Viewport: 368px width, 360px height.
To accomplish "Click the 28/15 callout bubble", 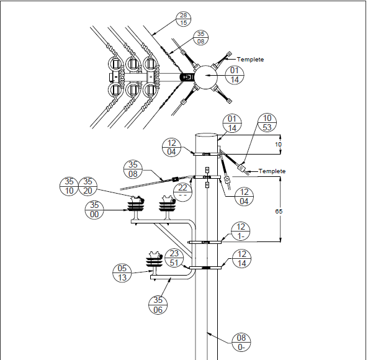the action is (183, 19).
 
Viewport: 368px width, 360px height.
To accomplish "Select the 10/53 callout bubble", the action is (267, 123).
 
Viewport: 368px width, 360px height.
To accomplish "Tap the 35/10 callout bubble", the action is (69, 186).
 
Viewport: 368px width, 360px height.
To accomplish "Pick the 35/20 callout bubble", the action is (88, 186).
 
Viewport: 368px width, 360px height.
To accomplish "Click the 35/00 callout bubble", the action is (94, 210).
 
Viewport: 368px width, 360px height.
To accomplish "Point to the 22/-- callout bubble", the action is (182, 192).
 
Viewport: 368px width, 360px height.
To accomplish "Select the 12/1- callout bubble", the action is (241, 232).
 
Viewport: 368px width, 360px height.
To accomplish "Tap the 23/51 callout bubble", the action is (174, 258).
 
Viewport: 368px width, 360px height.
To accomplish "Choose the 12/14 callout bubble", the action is (241, 259).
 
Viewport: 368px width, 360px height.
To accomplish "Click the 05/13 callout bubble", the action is (122, 273).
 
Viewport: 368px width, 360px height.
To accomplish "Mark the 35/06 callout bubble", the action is (158, 305).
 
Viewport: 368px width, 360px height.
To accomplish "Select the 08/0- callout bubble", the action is (241, 343).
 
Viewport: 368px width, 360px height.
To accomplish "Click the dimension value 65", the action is (279, 212).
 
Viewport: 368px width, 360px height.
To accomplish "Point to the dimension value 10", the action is (278, 145).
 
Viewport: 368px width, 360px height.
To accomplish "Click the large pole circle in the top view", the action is (206, 77).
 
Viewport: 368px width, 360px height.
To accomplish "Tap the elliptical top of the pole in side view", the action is (207, 135).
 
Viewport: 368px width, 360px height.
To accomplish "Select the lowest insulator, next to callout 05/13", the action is (154, 264).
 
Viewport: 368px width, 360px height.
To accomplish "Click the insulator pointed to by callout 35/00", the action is (136, 207).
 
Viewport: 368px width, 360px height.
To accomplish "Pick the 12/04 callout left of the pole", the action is (171, 147).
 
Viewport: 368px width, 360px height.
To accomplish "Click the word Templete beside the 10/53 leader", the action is (272, 171).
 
